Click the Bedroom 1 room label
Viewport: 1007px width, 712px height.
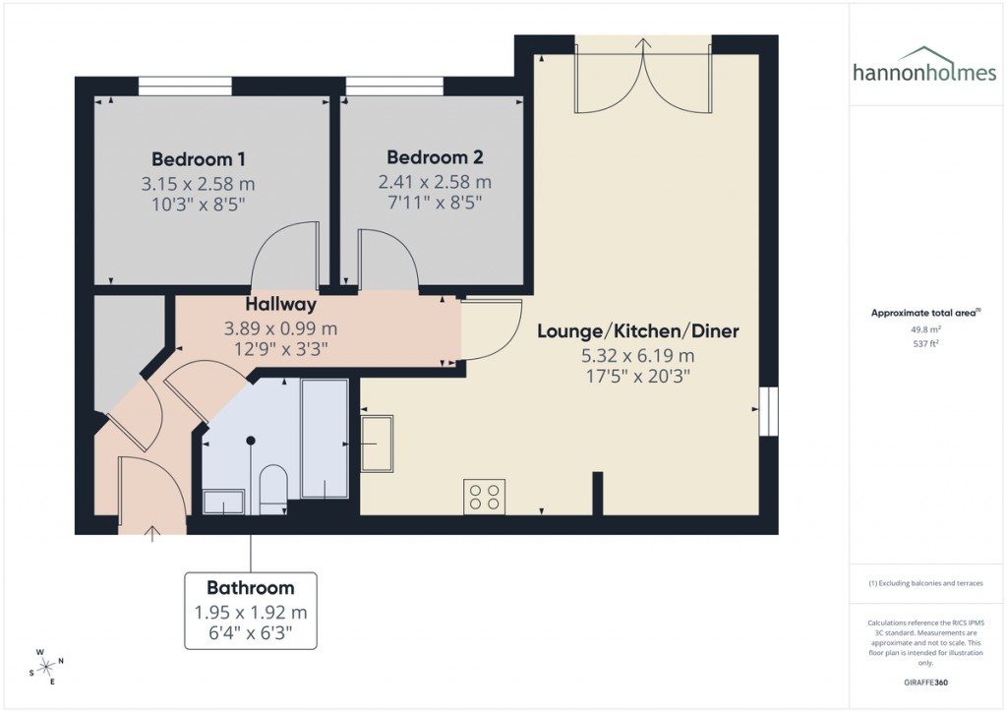(199, 158)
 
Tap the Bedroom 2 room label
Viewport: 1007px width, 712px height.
(435, 157)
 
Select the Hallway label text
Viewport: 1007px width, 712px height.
(281, 305)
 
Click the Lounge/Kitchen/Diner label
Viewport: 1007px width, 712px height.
(637, 331)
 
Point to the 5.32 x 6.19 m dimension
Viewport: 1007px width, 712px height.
(637, 355)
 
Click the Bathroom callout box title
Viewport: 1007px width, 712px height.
(250, 588)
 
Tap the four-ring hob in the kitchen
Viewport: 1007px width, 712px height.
(484, 497)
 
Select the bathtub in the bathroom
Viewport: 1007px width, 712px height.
(325, 439)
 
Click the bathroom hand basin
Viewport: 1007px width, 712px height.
(224, 503)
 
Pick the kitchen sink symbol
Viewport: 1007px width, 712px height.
(377, 444)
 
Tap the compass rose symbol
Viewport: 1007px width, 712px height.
(46, 666)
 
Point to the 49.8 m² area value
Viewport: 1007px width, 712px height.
(923, 330)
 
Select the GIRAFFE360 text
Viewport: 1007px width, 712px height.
(923, 682)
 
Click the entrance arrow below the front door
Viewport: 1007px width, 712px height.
(152, 534)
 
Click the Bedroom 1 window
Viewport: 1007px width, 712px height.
(185, 87)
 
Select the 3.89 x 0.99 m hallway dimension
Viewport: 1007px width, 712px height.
(281, 328)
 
